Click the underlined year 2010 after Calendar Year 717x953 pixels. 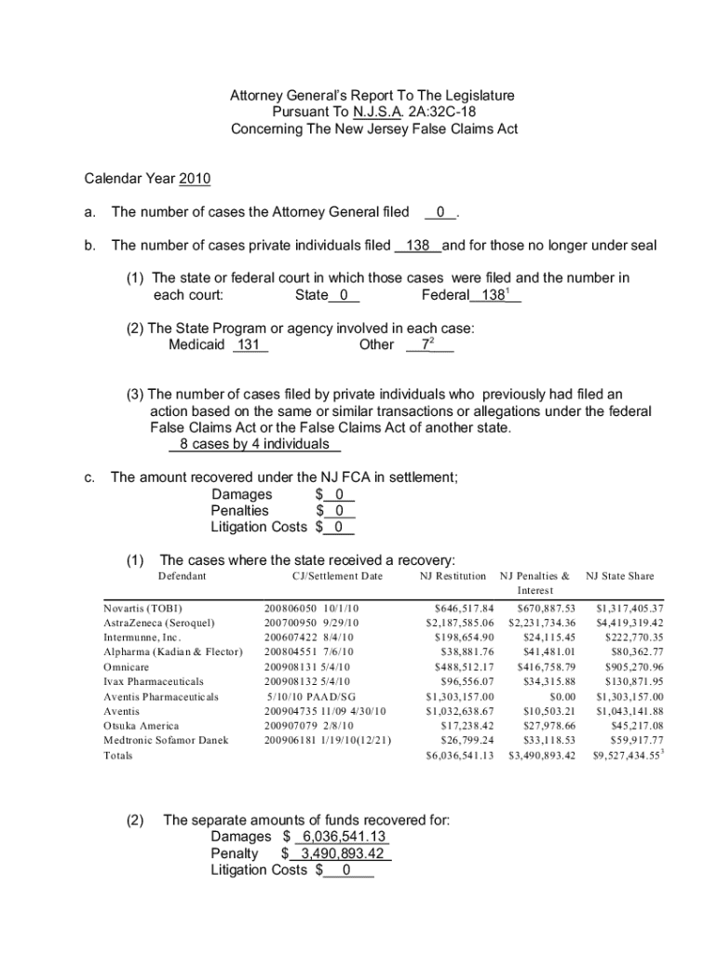195,178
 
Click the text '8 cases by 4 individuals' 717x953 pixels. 248,444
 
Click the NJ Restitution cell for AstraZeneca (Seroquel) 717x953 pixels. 459,623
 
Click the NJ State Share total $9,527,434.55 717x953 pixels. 627,756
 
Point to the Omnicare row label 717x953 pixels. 126,666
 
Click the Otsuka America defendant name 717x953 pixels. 141,726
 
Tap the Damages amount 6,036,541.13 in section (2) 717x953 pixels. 341,837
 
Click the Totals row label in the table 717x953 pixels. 117,756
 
